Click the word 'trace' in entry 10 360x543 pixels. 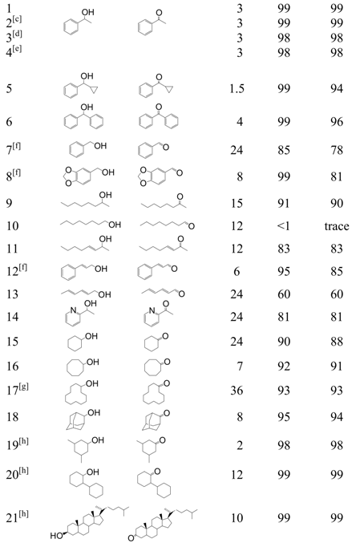coord(337,227)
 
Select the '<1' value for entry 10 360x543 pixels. coord(283,227)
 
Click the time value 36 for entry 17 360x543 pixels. coord(237,391)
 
